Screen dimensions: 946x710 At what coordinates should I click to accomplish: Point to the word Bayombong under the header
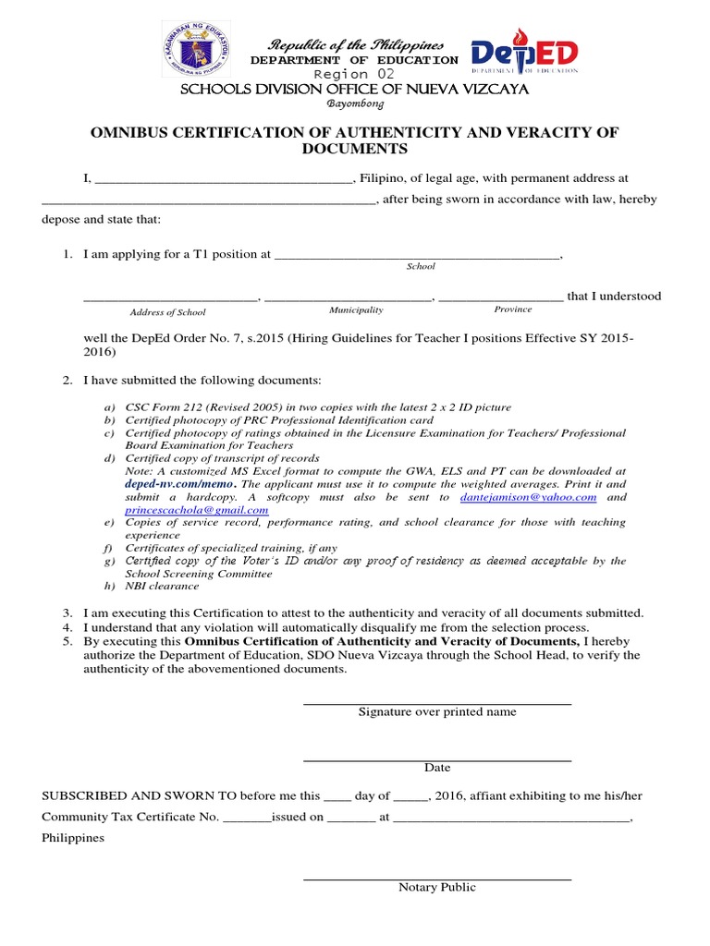click(x=355, y=104)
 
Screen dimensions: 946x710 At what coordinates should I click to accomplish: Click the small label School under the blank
click(x=421, y=266)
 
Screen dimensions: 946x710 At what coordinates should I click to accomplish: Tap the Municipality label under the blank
click(x=356, y=310)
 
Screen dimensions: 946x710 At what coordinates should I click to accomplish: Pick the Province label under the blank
click(x=513, y=309)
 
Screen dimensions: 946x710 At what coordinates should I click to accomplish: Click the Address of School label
click(x=167, y=312)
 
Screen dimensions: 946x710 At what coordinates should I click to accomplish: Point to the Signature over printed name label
click(x=437, y=712)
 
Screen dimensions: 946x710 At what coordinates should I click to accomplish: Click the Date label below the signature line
click(x=437, y=768)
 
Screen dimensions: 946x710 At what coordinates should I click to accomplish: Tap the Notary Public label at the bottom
click(x=437, y=888)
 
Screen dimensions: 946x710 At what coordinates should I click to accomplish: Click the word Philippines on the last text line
click(x=73, y=839)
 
